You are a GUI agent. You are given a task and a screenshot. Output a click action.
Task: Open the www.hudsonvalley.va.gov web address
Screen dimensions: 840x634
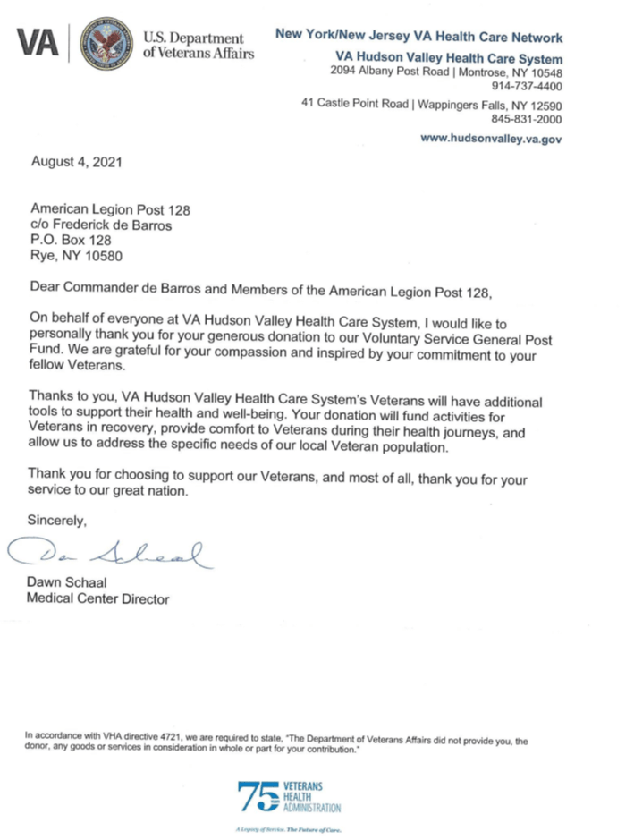tap(491, 140)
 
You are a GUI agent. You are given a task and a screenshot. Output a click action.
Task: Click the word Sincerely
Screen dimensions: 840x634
tap(58, 519)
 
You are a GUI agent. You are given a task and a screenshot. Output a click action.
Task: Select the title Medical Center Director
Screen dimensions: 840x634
tap(98, 598)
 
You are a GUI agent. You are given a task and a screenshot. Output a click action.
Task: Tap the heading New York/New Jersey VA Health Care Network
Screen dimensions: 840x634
tap(419, 38)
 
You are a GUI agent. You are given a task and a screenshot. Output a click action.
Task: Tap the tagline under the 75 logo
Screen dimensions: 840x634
tap(288, 829)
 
